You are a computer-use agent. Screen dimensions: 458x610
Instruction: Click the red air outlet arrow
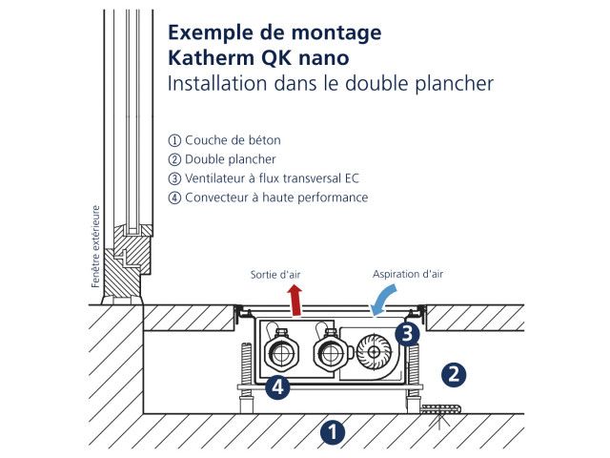pyautogui.click(x=296, y=301)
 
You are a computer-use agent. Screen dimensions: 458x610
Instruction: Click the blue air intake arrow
pyautogui.click(x=386, y=300)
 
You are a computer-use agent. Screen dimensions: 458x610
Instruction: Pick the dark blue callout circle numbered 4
pyautogui.click(x=276, y=388)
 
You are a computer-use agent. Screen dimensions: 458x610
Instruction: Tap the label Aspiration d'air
pyautogui.click(x=407, y=274)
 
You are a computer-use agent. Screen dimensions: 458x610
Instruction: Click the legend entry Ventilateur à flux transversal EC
pyautogui.click(x=272, y=178)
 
